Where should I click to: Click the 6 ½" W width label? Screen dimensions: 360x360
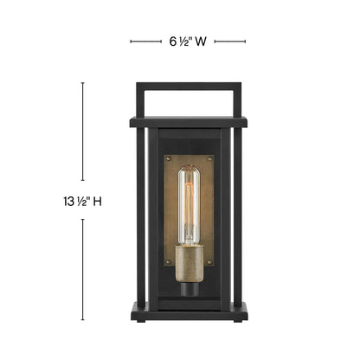pos(188,42)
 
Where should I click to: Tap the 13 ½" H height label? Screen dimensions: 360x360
pos(82,201)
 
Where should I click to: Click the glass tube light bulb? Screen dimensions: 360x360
pos(189,205)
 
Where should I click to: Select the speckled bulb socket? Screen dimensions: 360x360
pos(190,263)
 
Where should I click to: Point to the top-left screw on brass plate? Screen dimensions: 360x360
pos(169,159)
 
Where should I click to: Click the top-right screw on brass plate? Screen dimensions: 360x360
pos(209,159)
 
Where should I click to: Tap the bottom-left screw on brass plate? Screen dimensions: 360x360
pos(169,262)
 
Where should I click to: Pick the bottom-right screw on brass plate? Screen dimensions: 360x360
pos(209,262)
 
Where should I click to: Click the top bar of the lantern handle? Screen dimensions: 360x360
pos(189,87)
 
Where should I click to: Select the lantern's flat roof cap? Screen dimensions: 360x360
pos(189,122)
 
